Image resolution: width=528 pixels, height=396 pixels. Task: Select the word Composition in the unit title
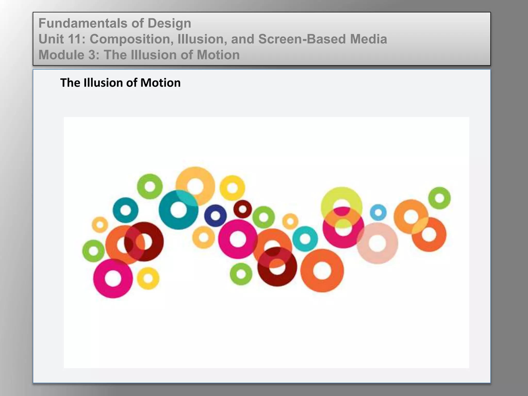point(131,39)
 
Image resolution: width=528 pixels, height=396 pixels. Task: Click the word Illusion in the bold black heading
point(103,83)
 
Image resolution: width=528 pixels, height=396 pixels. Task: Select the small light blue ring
point(378,213)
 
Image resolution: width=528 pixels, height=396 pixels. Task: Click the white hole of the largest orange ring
point(322,271)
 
